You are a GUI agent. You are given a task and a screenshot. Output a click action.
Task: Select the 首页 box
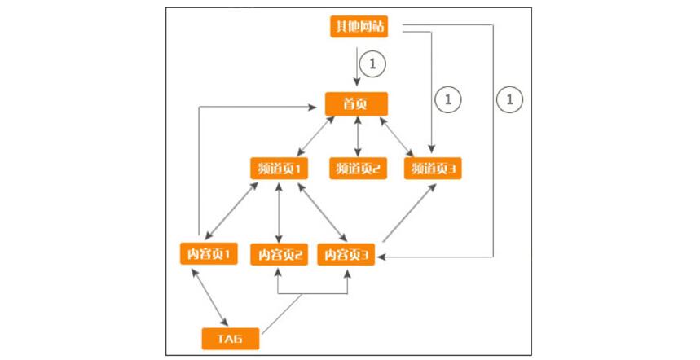click(x=356, y=103)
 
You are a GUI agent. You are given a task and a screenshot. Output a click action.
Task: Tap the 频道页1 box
click(x=279, y=169)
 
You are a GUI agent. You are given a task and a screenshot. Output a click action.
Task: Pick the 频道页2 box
click(x=358, y=169)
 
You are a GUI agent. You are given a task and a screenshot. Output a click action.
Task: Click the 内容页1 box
click(x=207, y=254)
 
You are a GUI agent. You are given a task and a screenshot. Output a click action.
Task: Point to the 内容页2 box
click(x=280, y=255)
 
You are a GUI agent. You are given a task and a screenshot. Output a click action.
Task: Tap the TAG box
click(x=231, y=337)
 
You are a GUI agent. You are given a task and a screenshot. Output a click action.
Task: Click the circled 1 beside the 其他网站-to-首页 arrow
click(x=372, y=63)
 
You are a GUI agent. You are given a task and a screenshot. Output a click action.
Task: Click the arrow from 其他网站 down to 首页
click(x=357, y=65)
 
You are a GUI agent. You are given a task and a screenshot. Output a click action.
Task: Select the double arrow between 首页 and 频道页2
click(x=357, y=136)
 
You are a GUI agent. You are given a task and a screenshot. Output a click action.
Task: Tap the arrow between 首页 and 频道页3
click(x=398, y=136)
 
